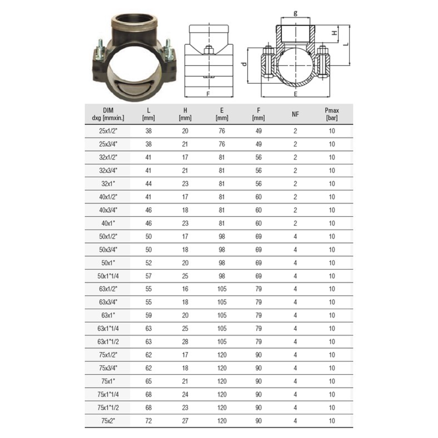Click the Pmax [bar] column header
[332, 114]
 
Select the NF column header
[295, 114]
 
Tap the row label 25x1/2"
[108, 131]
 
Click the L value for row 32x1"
[149, 184]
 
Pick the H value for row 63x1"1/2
[185, 342]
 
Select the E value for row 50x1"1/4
[222, 276]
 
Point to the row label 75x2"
[108, 421]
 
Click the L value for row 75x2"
[149, 421]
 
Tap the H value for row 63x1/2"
[185, 289]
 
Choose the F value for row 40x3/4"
[259, 210]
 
